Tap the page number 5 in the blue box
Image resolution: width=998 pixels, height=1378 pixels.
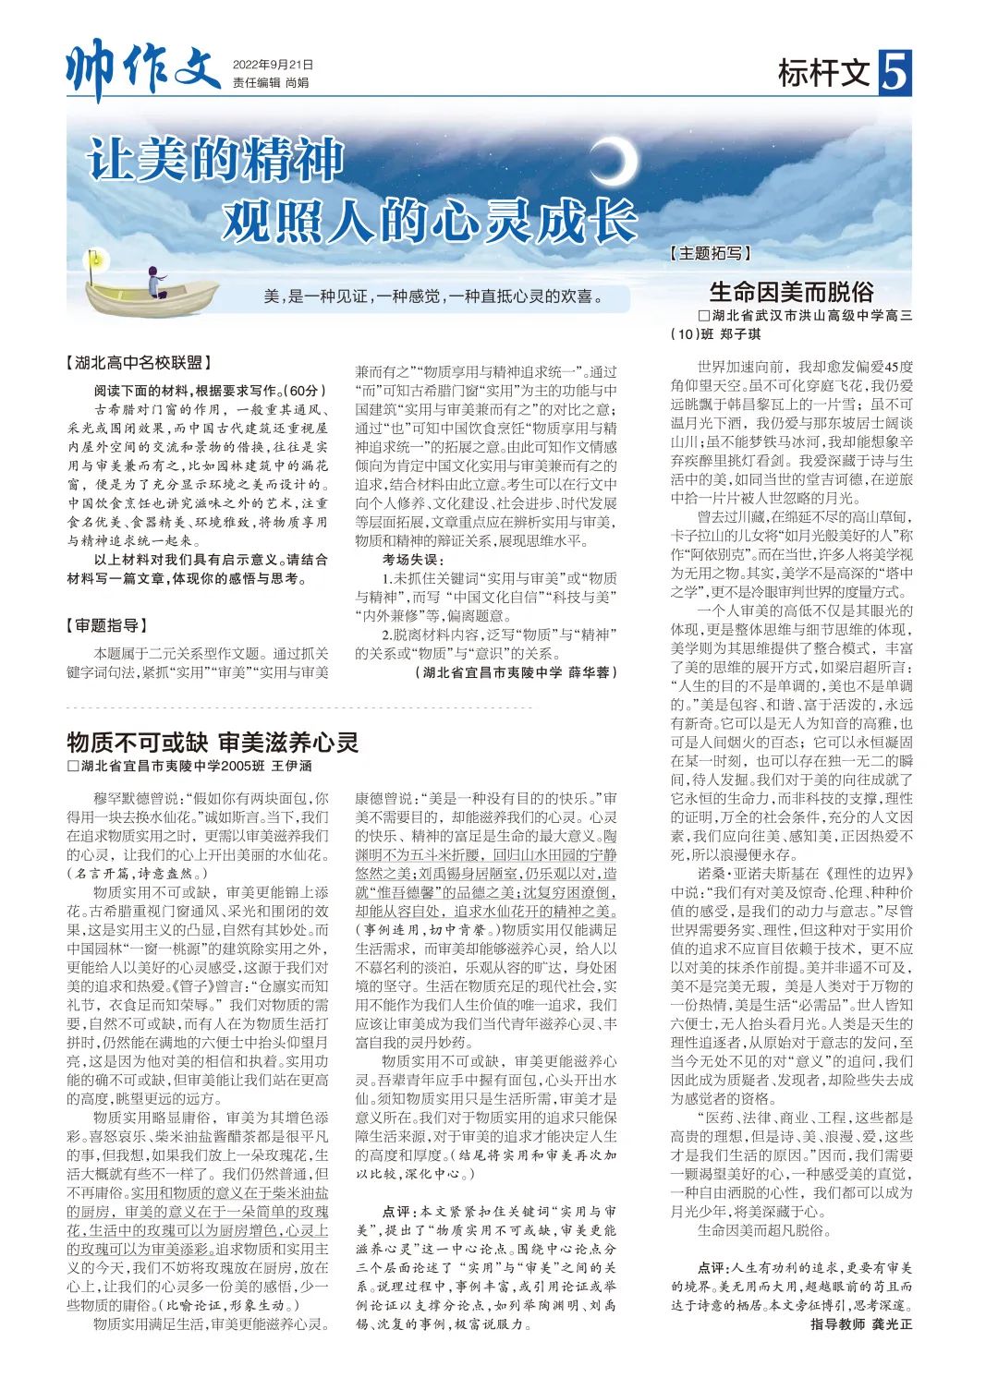pos(895,73)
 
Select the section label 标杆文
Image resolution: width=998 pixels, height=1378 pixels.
pos(824,73)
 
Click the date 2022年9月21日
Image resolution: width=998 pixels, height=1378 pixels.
pos(273,65)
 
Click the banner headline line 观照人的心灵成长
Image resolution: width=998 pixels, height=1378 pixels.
pos(430,220)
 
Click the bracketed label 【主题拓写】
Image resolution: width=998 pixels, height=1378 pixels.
pos(710,253)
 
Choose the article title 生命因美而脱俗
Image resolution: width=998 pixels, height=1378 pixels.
pos(791,292)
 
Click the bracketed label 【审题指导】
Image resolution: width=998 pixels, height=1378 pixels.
pos(106,626)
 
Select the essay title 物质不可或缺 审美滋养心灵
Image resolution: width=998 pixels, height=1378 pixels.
pos(213,742)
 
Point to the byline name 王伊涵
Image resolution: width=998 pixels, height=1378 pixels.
pos(291,766)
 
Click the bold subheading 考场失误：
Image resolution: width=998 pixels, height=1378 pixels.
pos(413,559)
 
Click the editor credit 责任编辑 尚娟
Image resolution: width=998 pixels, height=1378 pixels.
pos(270,83)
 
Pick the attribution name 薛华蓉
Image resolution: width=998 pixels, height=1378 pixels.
pos(591,672)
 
